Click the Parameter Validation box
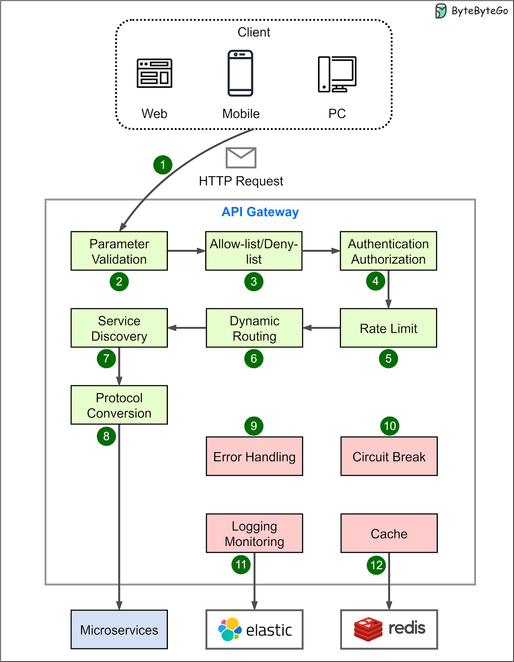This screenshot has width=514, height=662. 119,251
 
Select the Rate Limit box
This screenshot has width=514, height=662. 388,328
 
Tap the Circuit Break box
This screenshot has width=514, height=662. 389,456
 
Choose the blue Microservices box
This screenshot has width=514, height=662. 119,629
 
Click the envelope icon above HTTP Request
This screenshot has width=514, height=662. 241,158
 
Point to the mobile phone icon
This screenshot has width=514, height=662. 240,73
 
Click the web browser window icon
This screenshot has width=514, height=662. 154,73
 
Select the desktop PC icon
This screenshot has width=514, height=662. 337,74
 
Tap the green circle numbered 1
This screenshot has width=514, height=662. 163,165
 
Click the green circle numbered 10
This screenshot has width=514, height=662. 390,426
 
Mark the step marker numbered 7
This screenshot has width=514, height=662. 106,358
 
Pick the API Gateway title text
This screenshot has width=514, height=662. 260,212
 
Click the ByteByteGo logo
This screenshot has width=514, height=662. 471,11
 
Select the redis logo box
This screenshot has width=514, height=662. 389,629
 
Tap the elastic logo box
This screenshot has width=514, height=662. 254,629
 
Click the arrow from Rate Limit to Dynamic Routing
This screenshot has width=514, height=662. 322,328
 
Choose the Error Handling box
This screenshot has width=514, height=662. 254,456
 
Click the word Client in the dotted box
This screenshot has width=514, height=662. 253,32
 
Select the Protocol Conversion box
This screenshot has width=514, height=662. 119,405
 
